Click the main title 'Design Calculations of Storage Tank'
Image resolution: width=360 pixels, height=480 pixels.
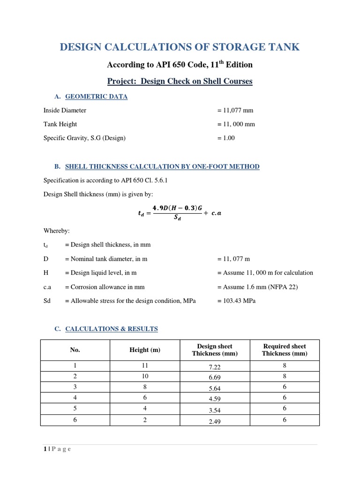180,47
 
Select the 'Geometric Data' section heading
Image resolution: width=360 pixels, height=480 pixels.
96,97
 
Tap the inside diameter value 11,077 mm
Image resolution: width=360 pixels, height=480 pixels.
235,111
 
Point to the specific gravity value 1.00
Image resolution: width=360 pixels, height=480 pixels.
226,138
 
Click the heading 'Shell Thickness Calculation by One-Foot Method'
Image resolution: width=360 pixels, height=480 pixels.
162,166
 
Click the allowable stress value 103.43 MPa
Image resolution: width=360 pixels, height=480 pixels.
237,301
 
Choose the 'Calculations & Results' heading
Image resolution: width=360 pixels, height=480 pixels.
111,329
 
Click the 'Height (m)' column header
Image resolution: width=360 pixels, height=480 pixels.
145,350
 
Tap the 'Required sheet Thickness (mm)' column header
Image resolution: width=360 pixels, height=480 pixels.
285,350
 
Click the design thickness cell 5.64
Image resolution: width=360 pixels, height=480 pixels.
215,389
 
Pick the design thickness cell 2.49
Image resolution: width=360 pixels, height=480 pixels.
215,421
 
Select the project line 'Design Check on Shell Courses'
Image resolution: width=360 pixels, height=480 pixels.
180,81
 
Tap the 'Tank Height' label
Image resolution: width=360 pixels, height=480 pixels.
60,124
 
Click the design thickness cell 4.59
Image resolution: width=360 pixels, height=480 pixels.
215,399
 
